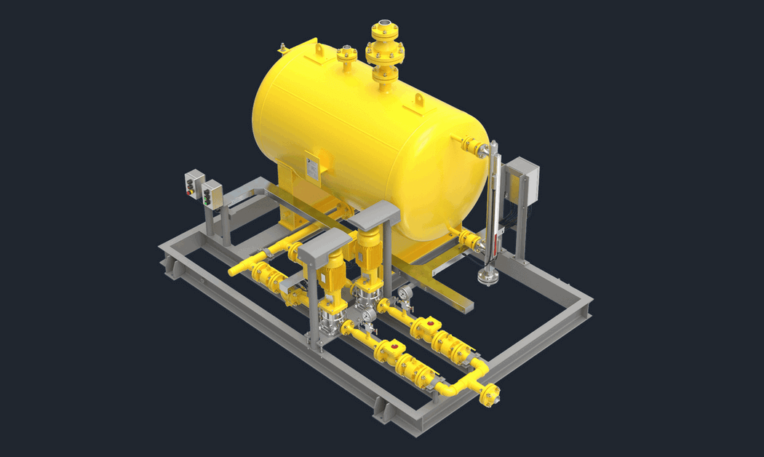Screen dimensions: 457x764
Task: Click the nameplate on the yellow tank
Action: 311,167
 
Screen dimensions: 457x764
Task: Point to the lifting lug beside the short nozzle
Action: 319,50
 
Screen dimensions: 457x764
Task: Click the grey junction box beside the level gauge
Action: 522,180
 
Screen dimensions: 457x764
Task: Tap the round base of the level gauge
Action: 487,275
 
